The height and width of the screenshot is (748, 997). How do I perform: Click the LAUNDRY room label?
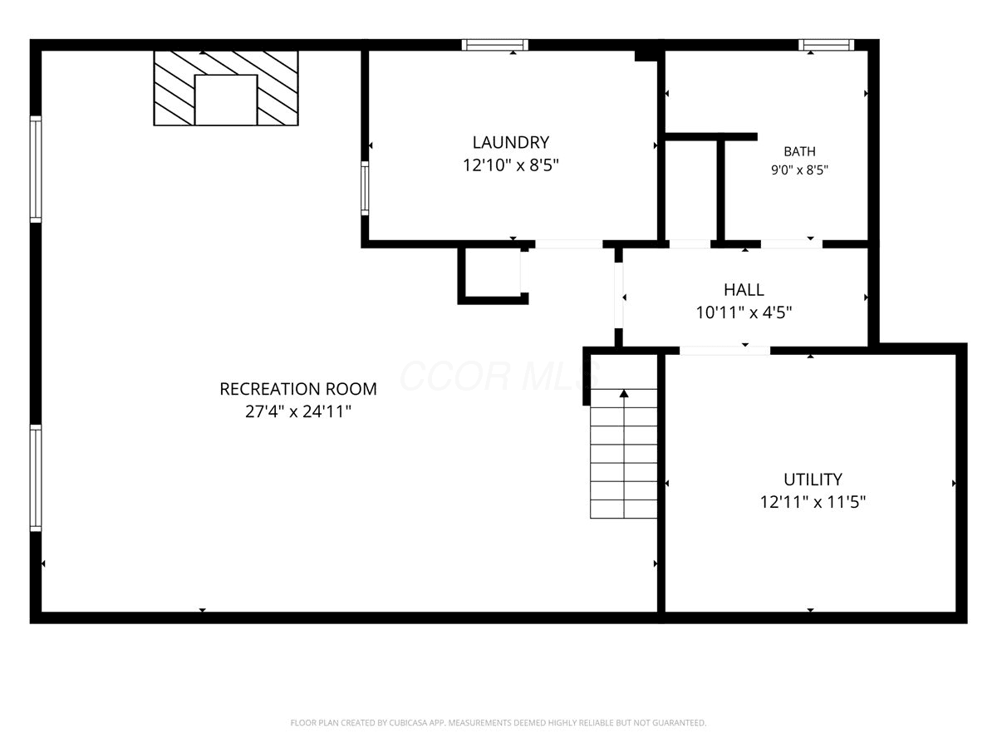point(510,143)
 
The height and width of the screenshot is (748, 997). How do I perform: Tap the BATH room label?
point(799,151)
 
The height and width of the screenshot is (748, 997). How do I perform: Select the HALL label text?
point(744,290)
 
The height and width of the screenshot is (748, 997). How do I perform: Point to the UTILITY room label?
point(813,480)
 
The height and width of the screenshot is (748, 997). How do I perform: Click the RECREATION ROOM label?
point(298,389)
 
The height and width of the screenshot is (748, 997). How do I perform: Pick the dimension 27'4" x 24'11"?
point(298,412)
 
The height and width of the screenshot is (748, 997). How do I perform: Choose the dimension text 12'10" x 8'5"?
point(510,165)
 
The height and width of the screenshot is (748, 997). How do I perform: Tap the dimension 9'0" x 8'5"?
point(799,170)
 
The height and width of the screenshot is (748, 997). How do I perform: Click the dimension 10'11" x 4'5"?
point(744,313)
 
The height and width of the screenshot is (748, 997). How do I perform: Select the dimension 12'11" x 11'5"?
point(813,502)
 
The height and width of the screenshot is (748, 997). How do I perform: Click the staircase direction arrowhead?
point(624,393)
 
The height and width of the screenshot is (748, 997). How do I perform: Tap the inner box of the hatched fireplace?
point(226,100)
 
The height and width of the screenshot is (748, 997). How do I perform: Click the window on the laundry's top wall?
point(495,45)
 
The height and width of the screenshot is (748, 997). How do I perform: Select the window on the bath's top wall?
point(826,45)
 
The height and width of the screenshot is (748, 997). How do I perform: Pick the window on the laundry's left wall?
point(365,188)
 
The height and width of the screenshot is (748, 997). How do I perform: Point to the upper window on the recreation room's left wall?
point(36,170)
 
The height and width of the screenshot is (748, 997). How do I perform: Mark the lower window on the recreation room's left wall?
point(36,478)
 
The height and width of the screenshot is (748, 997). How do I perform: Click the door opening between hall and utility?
point(725,350)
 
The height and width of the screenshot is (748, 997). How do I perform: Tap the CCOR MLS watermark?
point(499,376)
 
